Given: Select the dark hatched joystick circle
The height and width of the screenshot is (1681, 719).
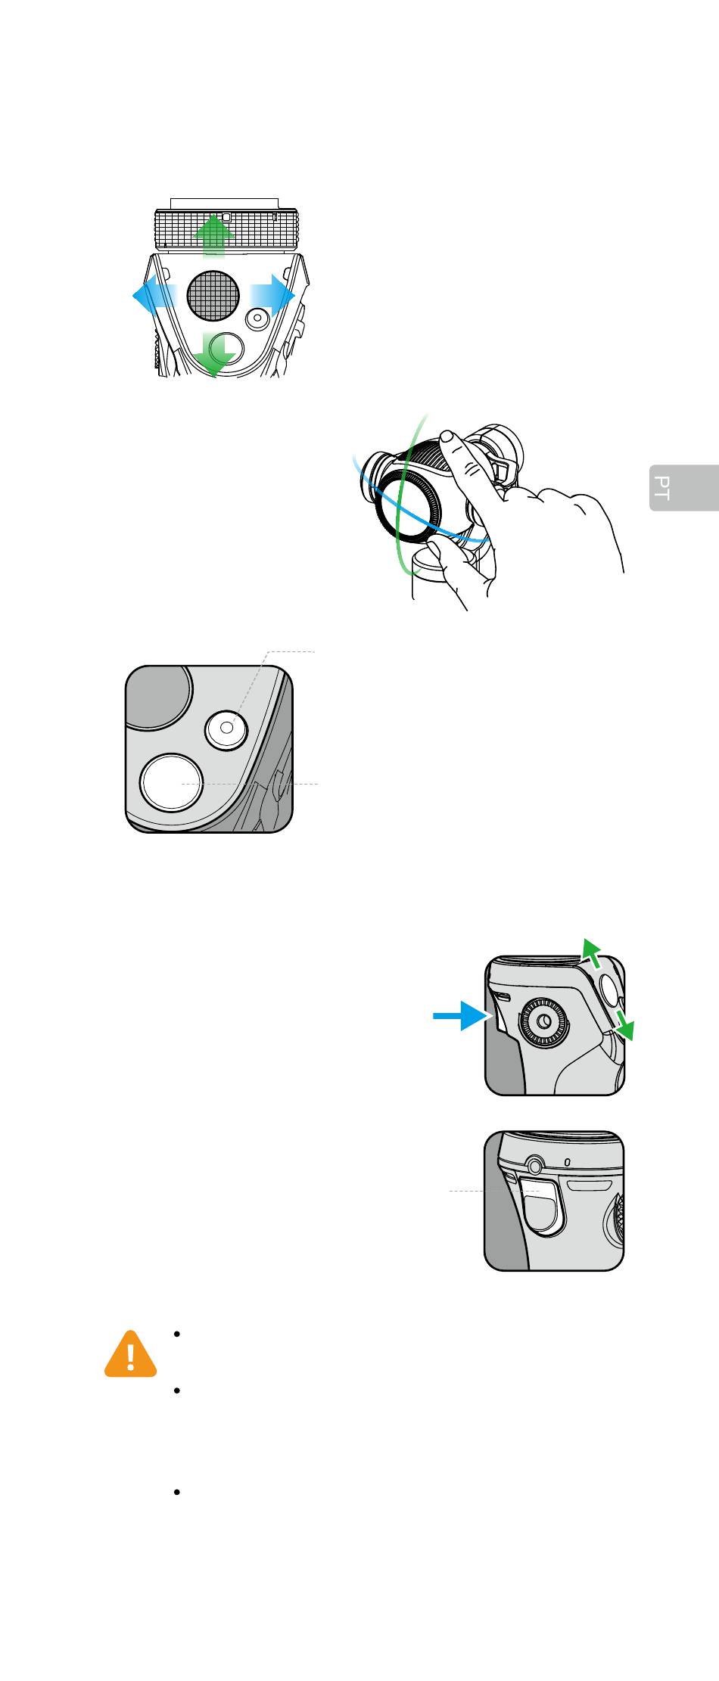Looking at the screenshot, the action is coord(213,294).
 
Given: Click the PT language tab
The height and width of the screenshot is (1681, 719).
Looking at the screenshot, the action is coord(683,488).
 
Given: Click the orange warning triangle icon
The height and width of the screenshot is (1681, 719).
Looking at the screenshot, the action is coord(131,1353).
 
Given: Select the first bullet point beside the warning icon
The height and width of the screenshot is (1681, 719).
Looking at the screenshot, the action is coord(176,1335).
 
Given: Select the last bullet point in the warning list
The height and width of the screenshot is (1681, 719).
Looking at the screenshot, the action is coord(176,1493).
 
